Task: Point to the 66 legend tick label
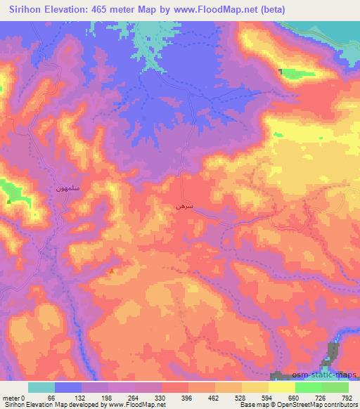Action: click(51, 397)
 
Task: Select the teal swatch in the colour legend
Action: click(41, 387)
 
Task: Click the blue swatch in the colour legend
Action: click(68, 387)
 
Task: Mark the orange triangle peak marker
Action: click(112, 271)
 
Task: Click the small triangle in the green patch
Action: click(8, 201)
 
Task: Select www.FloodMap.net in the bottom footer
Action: click(136, 405)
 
